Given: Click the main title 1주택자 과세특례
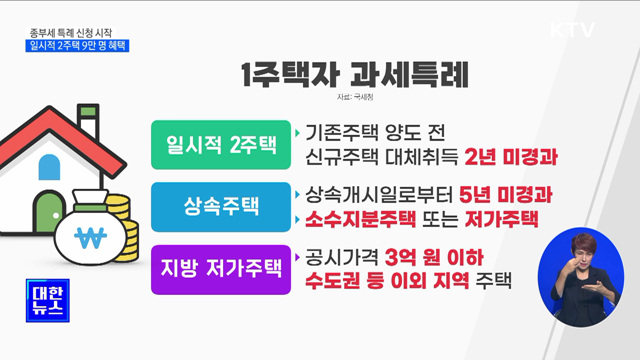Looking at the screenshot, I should [355, 76].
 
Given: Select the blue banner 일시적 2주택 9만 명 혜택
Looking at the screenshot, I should [79, 44].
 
